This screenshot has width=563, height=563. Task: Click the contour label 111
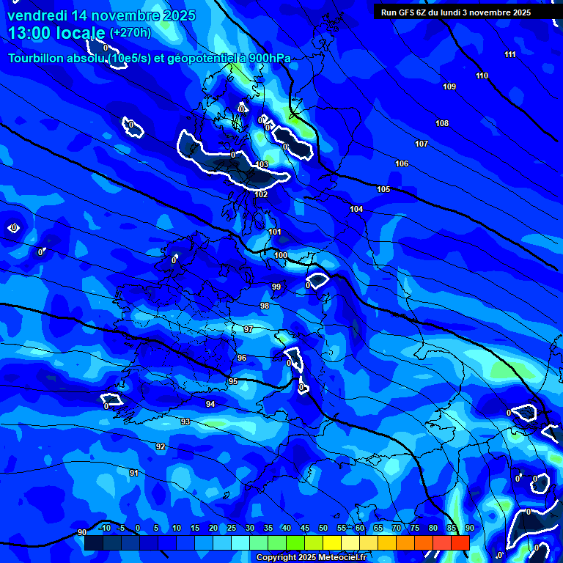tap(510, 55)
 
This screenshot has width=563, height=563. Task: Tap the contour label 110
tap(482, 76)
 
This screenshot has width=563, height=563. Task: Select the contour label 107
tap(422, 144)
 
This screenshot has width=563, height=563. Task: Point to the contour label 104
tap(356, 210)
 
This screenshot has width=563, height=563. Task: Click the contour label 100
tap(281, 255)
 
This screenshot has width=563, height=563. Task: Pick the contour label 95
tap(233, 382)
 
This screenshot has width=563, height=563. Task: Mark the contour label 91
tap(133, 474)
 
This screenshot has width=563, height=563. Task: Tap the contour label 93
tap(185, 422)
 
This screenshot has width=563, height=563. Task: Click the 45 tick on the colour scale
tap(304, 529)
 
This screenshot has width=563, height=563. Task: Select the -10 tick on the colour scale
tap(105, 529)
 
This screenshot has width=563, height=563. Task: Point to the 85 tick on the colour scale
tap(451, 529)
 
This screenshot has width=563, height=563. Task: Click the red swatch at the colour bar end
tap(460, 542)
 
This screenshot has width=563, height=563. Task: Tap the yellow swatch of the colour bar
tap(331, 542)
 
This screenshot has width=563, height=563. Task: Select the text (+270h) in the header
tap(130, 33)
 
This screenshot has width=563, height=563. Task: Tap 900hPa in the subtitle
tap(268, 59)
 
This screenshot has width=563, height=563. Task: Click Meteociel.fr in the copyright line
tap(342, 558)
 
